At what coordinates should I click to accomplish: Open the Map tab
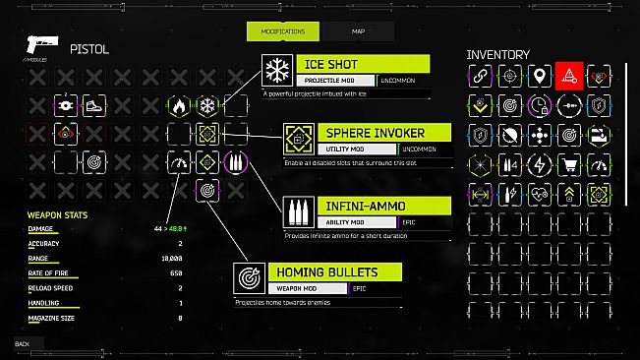pos(358,31)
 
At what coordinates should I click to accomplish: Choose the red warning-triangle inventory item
pos(568,74)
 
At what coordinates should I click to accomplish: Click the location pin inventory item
pos(539,74)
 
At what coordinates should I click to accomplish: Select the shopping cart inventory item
pos(568,161)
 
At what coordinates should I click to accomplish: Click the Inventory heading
pos(497,54)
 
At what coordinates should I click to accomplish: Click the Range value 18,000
pos(173,258)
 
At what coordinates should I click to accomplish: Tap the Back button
pos(23,343)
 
